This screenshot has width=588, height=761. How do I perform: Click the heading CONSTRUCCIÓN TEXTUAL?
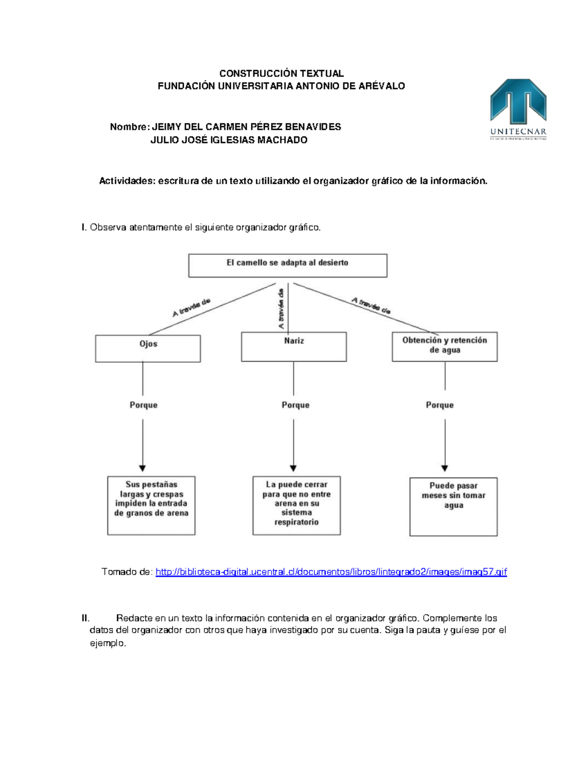281,74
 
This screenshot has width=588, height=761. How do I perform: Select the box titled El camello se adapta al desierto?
288,265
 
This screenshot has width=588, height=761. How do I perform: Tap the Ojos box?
148,348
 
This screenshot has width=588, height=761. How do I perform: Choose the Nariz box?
294,346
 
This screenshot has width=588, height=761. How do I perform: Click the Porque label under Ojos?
144,405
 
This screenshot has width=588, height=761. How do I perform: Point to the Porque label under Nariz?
295,405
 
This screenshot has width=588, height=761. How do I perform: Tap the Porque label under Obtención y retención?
440,405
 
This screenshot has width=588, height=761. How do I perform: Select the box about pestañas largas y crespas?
151,505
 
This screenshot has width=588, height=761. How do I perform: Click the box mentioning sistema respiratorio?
296,505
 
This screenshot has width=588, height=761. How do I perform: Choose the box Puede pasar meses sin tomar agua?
453,506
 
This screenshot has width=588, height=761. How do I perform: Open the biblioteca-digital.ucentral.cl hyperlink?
331,572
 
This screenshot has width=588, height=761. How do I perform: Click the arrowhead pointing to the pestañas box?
143,468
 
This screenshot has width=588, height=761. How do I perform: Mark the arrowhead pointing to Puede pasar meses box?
444,468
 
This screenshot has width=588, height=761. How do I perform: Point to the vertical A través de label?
281,309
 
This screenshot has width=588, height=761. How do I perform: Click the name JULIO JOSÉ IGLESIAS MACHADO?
229,140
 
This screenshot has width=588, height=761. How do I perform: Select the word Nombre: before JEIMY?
129,127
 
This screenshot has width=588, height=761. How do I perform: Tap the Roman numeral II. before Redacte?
86,618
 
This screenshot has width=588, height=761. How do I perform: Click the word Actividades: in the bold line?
127,181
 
